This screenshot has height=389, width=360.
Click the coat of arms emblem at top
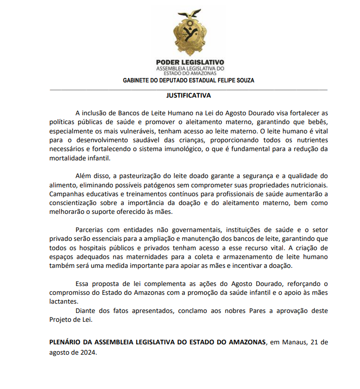pyautogui.click(x=189, y=34)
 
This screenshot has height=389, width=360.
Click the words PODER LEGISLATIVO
pyautogui.click(x=190, y=63)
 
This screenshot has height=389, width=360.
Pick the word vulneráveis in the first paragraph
pyautogui.click(x=134, y=131)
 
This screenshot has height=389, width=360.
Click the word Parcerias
pyautogui.click(x=91, y=230)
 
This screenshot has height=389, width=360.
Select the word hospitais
pyautogui.click(x=92, y=248)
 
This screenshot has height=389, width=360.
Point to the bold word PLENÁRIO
pyautogui.click(x=68, y=341)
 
